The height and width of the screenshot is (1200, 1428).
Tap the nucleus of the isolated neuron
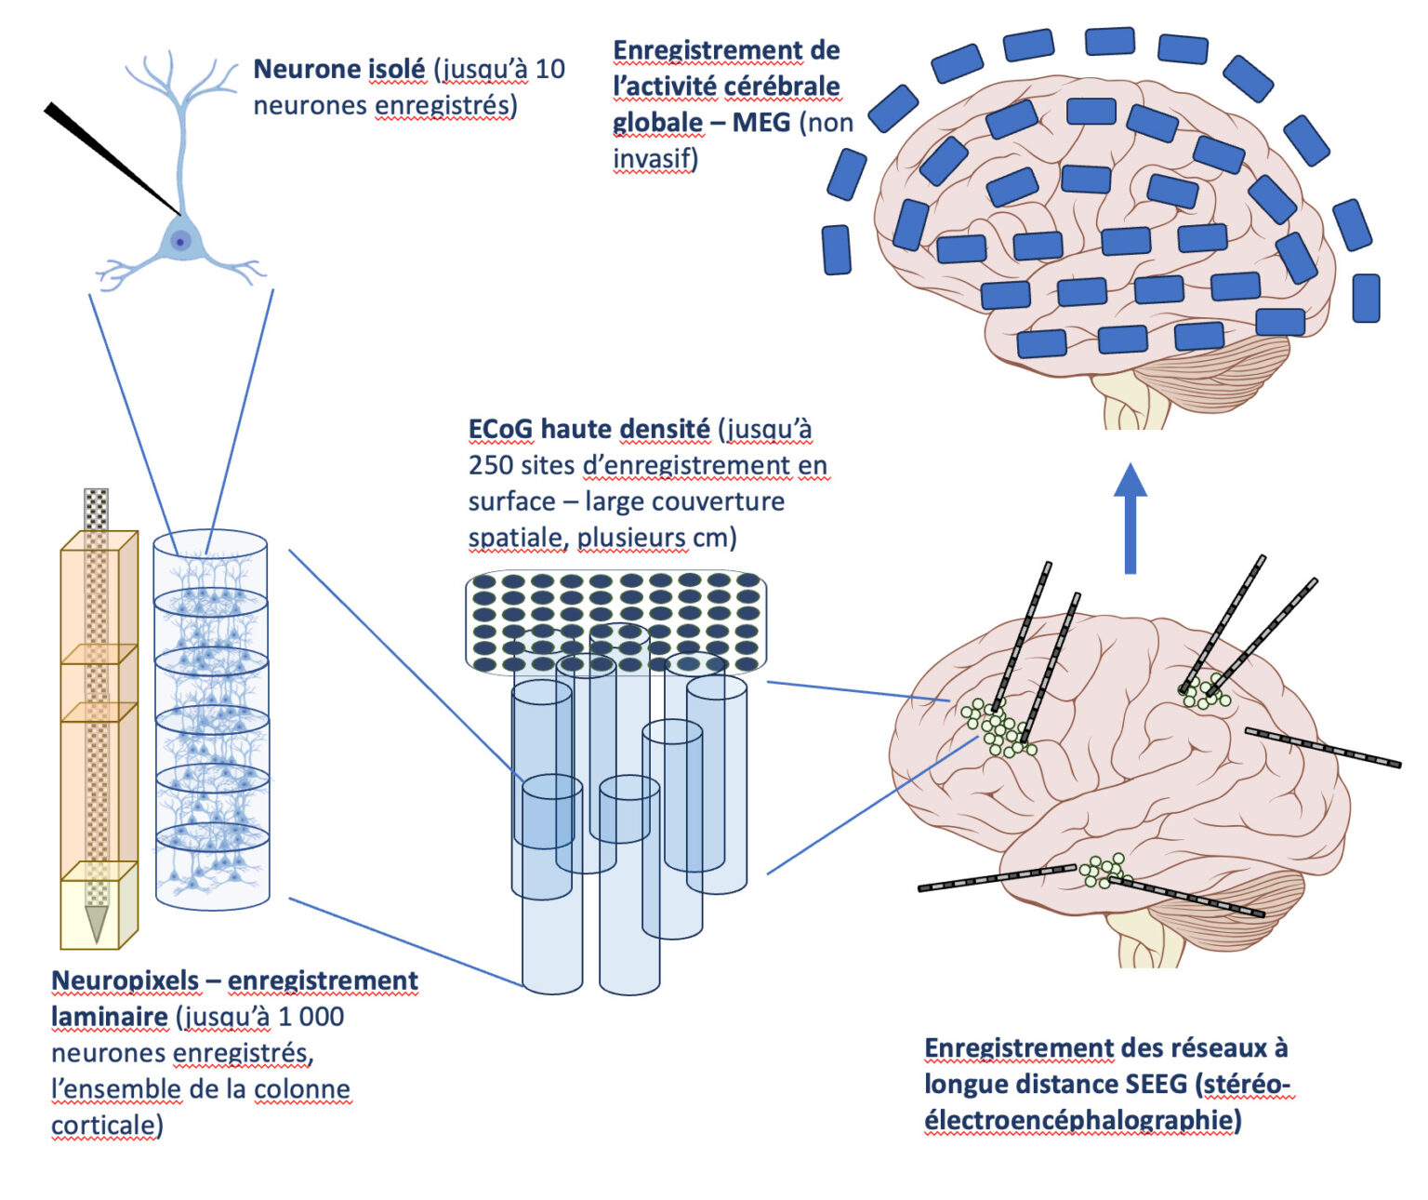(x=180, y=241)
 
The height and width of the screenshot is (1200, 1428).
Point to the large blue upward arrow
(x=1130, y=518)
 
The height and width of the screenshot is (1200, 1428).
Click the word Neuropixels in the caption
(x=126, y=981)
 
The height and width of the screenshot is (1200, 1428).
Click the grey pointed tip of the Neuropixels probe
(x=96, y=924)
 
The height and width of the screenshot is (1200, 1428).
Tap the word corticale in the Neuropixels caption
(x=107, y=1127)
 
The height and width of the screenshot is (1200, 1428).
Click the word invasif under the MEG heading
(x=654, y=159)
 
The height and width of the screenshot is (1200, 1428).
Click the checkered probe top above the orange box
(x=96, y=509)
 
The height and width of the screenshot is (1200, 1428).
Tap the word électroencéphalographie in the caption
(x=1081, y=1121)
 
